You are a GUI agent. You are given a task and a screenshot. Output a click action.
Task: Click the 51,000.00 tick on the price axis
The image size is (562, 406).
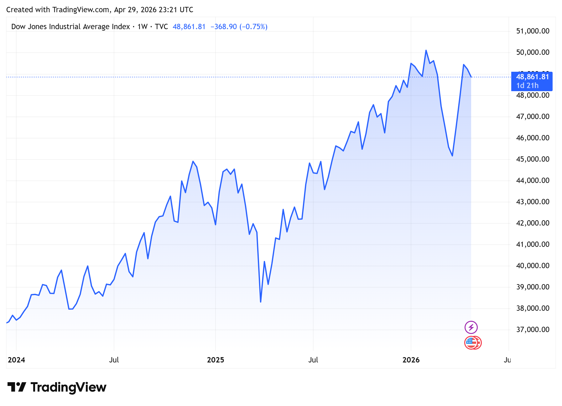pos(533,31)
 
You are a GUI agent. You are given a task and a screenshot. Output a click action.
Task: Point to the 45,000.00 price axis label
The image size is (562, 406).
pos(533,159)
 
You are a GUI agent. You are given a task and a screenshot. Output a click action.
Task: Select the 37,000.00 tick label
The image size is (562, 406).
pos(533,330)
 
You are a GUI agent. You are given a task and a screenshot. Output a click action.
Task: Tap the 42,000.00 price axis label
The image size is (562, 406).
pos(533,223)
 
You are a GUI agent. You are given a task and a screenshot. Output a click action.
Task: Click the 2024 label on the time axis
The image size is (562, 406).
pos(16,360)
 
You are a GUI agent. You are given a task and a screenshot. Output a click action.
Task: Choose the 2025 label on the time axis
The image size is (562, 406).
pos(216,360)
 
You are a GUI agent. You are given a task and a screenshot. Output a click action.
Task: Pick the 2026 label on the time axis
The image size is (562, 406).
pos(411,360)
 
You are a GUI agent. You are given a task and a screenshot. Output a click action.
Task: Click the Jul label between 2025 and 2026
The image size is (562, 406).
pos(313,360)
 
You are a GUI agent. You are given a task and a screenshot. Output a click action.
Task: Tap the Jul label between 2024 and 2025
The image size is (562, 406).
pos(114,360)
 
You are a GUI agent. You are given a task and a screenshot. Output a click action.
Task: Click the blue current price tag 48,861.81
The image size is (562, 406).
pos(533,77)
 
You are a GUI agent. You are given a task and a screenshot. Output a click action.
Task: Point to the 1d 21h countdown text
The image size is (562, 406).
pos(528,86)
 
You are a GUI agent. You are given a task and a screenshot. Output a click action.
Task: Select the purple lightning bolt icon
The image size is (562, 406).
pos(471,327)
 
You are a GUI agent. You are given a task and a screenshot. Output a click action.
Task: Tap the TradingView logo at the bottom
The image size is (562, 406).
pos(57,388)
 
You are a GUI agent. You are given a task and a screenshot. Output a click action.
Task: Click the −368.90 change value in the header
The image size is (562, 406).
pos(224,27)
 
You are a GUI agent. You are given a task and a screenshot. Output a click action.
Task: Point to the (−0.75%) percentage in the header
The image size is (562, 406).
pos(253,27)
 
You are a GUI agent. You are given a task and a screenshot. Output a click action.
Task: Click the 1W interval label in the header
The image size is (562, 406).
pos(143,27)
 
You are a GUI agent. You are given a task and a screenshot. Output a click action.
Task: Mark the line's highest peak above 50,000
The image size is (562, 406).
pos(426,50)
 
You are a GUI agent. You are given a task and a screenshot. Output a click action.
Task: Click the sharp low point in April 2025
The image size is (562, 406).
pos(261,302)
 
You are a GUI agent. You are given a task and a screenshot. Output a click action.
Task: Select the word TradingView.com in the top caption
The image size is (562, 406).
pos(81,10)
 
